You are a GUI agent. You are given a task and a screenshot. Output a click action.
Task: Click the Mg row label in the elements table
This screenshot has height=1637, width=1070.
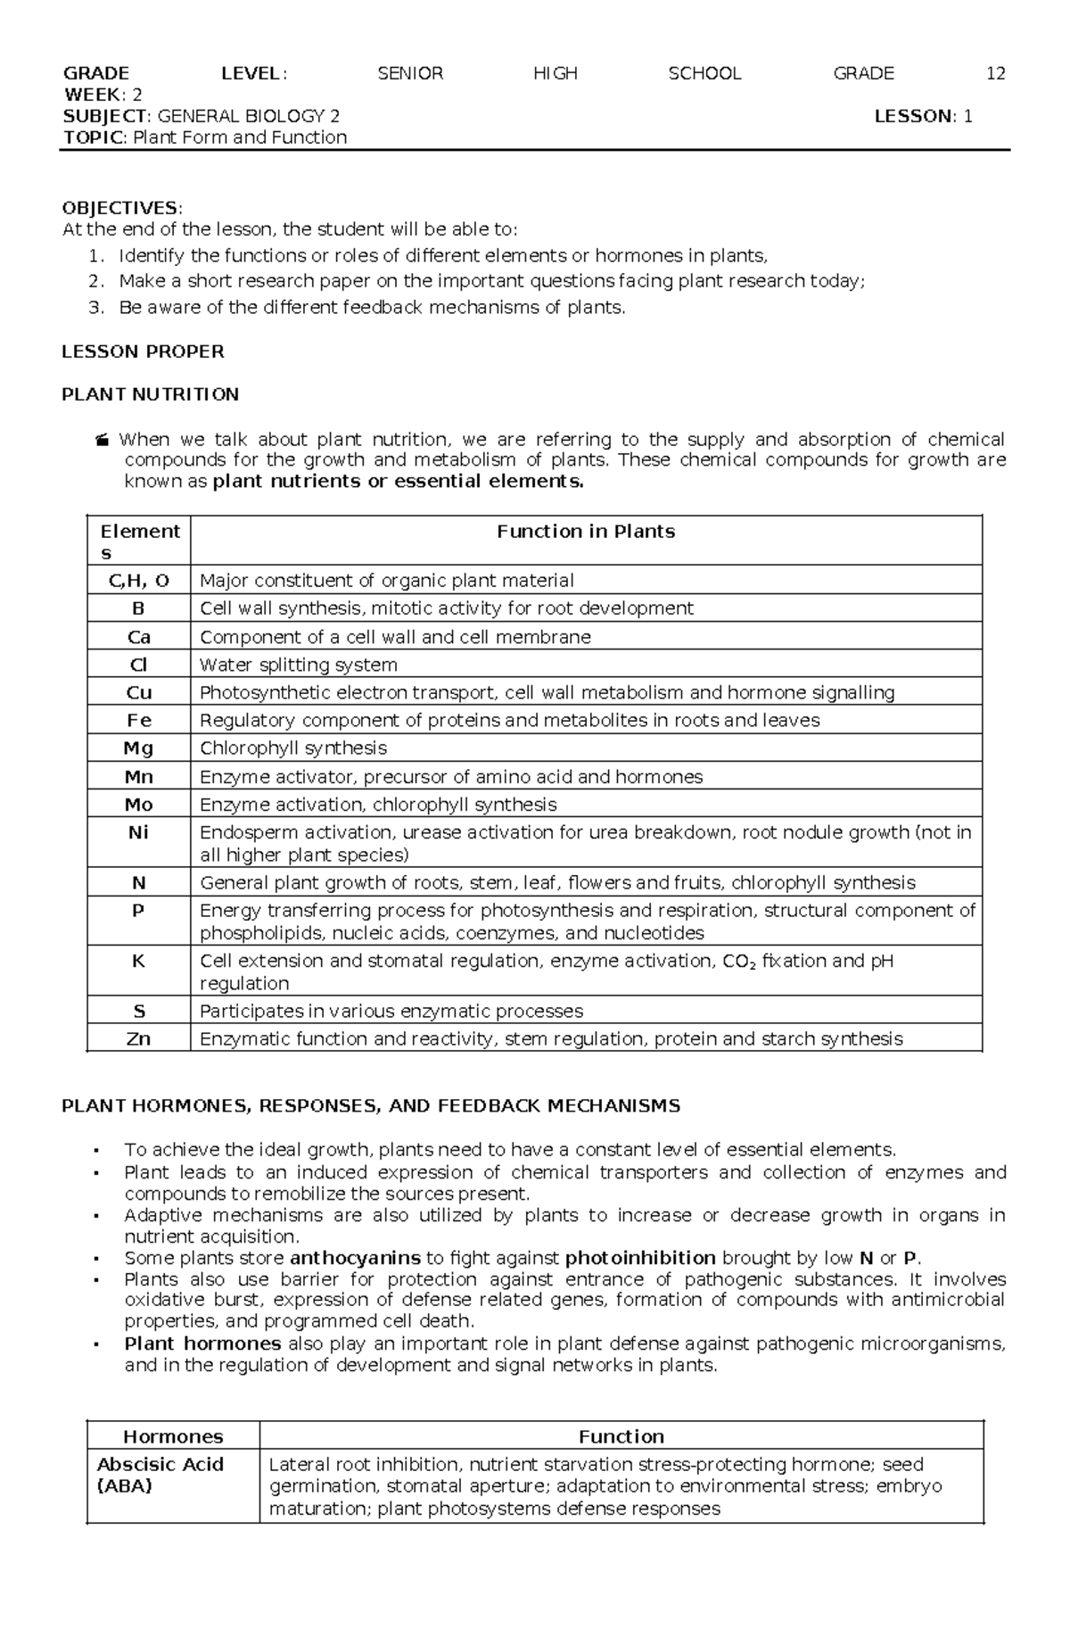tap(138, 748)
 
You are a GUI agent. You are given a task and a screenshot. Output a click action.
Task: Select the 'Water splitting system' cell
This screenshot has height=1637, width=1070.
tap(298, 665)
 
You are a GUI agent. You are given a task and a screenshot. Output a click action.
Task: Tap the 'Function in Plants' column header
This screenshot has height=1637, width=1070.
tap(585, 532)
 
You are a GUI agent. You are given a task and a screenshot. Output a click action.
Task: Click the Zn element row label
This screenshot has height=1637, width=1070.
tap(138, 1038)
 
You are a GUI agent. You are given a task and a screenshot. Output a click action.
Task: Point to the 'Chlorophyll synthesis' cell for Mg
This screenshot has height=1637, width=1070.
tap(292, 748)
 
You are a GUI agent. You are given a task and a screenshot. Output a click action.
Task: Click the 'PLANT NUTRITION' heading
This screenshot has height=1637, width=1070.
tap(150, 394)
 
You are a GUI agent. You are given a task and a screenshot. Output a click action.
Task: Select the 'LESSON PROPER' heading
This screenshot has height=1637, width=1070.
tap(143, 351)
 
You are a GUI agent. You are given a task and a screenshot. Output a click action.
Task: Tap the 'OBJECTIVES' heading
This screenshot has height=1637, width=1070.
tap(119, 208)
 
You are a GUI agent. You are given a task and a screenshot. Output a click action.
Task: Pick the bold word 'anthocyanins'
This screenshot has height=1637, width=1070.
tap(355, 1258)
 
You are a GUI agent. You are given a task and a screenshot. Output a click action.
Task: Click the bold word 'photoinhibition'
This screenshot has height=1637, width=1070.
tap(640, 1258)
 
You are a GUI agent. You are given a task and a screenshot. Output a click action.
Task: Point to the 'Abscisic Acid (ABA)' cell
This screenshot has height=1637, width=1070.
tap(160, 1475)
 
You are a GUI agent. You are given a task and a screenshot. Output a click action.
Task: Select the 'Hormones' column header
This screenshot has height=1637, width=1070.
tap(173, 1436)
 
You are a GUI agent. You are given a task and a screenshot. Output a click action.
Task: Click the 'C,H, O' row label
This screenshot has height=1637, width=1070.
tap(138, 581)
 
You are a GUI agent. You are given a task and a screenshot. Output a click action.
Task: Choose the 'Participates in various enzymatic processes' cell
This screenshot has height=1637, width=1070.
tap(391, 1011)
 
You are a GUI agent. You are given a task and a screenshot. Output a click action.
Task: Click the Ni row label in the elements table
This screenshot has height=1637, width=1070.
tap(138, 832)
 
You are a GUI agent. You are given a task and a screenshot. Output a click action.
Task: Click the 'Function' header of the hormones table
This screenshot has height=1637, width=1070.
tap(621, 1436)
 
